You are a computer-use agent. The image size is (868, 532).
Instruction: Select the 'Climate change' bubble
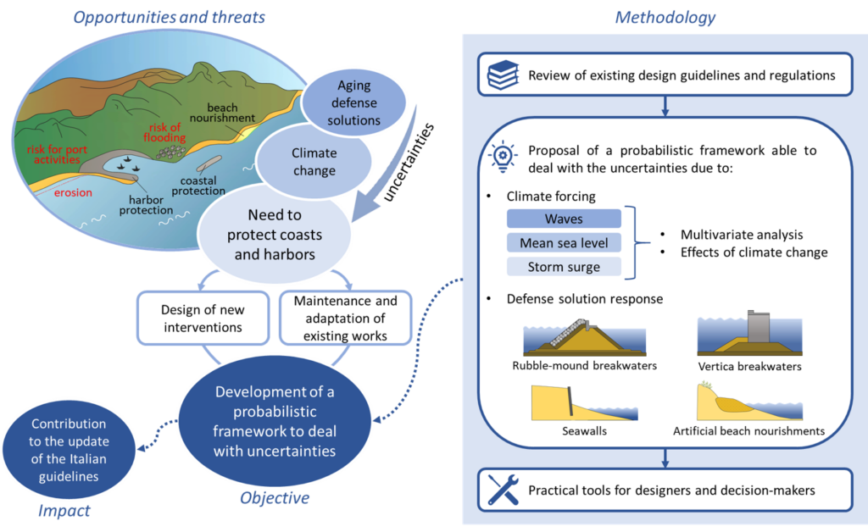(x=314, y=162)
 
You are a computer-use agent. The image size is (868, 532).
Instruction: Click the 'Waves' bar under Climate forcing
(x=564, y=219)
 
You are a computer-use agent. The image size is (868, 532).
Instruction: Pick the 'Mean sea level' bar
(x=564, y=243)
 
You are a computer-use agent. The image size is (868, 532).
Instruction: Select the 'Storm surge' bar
(x=564, y=268)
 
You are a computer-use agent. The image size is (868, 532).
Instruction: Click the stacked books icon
(x=503, y=75)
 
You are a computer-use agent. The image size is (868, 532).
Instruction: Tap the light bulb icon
(x=503, y=158)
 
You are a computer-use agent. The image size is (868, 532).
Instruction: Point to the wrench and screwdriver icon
(x=503, y=490)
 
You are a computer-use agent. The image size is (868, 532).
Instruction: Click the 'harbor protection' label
(x=145, y=203)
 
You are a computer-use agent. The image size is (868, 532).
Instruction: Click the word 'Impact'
(x=64, y=511)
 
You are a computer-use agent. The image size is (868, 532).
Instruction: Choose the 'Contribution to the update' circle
(x=68, y=450)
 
